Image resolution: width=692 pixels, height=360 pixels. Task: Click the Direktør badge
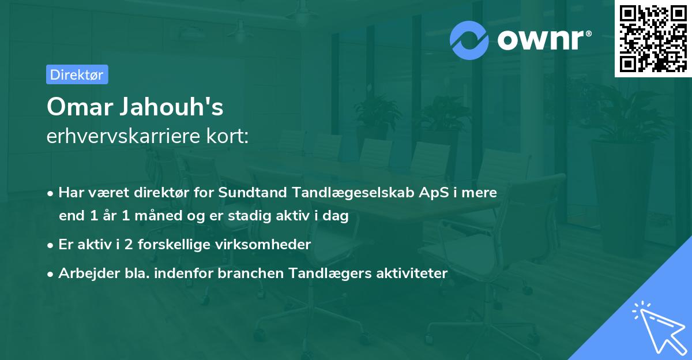(77, 74)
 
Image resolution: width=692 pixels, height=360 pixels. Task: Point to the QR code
(653, 38)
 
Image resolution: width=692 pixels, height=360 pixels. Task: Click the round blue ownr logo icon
(469, 40)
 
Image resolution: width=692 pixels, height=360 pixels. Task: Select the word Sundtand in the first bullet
(247, 193)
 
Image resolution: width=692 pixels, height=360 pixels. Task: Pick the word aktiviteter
(411, 273)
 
